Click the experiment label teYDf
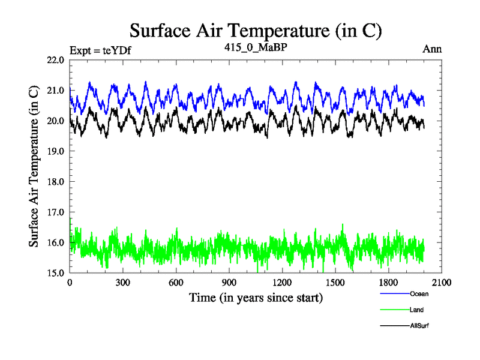[100, 50]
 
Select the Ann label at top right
[432, 49]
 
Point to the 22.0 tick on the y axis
[55, 60]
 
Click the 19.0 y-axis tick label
[55, 151]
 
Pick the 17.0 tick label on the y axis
[55, 212]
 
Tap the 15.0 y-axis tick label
[55, 272]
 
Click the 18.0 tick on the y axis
[55, 181]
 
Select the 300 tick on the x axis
[123, 283]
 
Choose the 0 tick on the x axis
[70, 283]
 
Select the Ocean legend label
[419, 294]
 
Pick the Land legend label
[417, 310]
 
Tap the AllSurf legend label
[420, 326]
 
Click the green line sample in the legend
[394, 310]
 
